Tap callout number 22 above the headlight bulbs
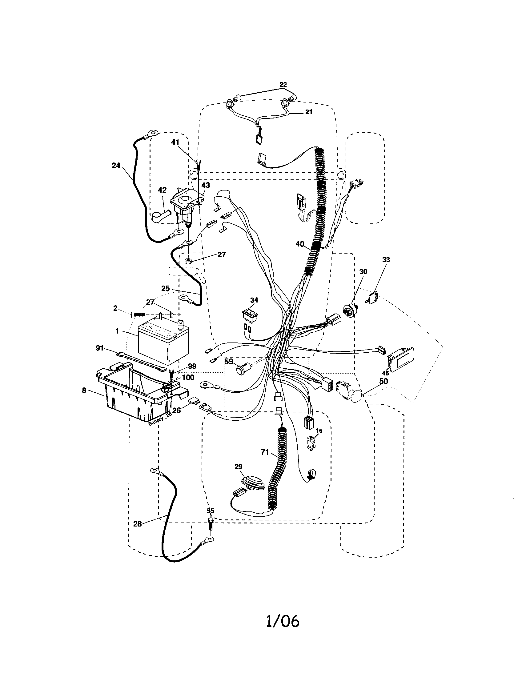pos(283,84)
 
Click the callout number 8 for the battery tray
pos(84,390)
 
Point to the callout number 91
pos(99,348)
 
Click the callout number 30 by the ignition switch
pos(363,271)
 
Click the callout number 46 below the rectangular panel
pos(385,373)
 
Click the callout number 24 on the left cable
pos(116,166)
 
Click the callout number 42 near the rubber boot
pos(162,190)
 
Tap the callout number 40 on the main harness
pos(300,244)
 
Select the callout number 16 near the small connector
pos(319,431)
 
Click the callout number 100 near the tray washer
pos(188,377)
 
